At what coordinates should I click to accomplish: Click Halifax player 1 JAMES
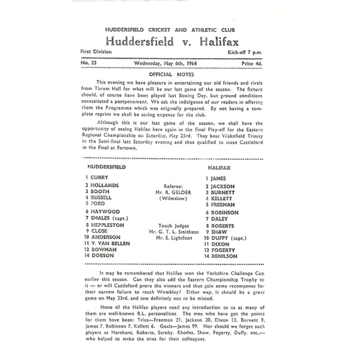tap(218, 176)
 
